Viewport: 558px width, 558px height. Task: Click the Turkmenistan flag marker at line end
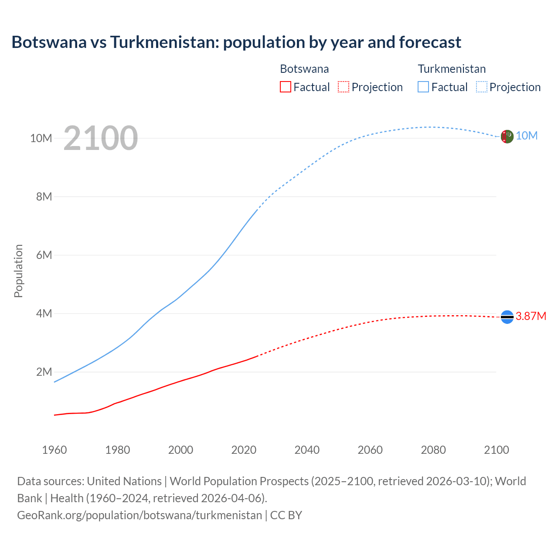tap(507, 136)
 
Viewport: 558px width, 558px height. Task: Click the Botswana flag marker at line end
tap(507, 317)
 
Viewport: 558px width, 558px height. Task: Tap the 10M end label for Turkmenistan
tap(527, 136)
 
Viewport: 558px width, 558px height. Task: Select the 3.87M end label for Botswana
tap(531, 316)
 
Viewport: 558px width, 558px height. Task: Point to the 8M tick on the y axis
tap(44, 197)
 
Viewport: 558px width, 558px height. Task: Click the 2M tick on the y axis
tap(44, 372)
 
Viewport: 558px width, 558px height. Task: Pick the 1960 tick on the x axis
tap(54, 450)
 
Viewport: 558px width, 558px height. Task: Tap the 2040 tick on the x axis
tap(307, 450)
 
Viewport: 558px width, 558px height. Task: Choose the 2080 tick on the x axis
tap(433, 450)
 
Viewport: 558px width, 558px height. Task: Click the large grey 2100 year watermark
tap(101, 138)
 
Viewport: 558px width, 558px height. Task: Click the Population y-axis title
tap(18, 271)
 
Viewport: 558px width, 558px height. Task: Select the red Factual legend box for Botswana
tap(285, 87)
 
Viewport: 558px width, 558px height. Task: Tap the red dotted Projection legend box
tap(344, 87)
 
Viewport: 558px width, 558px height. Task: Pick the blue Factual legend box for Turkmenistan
tap(423, 87)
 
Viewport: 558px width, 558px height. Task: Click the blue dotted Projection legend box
tap(482, 87)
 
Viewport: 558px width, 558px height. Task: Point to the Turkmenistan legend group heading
tap(452, 69)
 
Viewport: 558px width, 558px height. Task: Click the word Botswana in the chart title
tap(49, 42)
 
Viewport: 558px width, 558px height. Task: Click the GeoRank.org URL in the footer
tap(139, 515)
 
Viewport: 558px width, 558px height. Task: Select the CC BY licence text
tap(286, 515)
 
